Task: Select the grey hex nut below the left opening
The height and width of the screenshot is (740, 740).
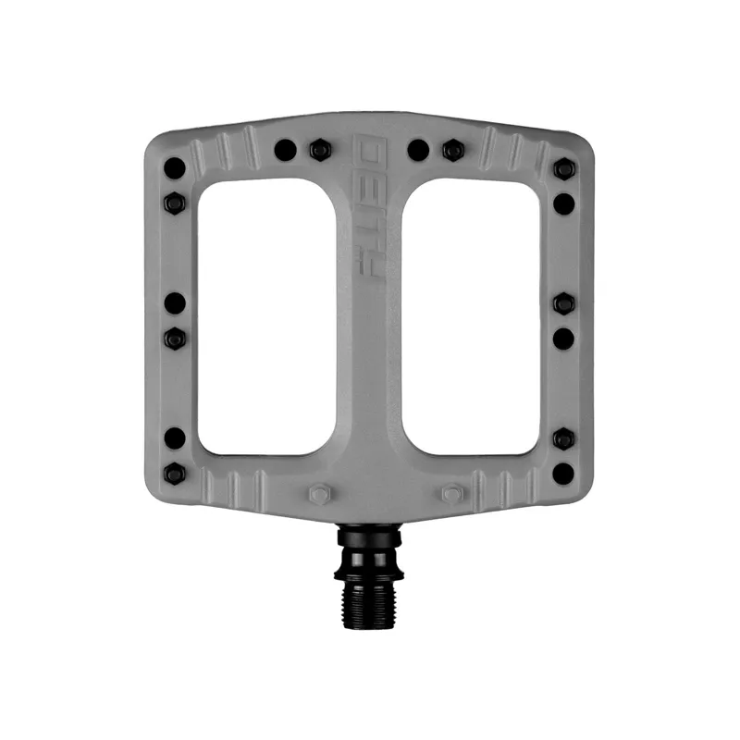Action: (318, 495)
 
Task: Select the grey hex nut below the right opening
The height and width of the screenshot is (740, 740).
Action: (451, 494)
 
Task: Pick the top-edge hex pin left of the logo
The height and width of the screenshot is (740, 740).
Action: (320, 150)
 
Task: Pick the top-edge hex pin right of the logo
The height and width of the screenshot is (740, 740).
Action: (452, 150)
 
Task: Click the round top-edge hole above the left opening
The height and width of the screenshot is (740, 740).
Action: (286, 150)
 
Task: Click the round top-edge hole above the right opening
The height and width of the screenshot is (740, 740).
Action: (418, 150)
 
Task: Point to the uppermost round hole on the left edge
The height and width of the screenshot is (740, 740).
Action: (175, 168)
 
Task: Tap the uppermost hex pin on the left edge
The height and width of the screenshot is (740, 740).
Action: (175, 203)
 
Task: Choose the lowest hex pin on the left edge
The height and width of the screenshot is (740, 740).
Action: (175, 474)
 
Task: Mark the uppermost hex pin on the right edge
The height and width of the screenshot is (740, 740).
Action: (563, 168)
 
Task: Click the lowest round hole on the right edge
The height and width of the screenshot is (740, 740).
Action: (563, 474)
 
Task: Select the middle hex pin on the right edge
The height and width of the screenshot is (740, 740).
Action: (563, 303)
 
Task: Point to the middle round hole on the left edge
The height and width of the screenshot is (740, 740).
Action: (175, 303)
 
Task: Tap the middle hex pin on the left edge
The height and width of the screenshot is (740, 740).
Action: (175, 339)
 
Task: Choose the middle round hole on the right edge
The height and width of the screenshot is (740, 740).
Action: (563, 339)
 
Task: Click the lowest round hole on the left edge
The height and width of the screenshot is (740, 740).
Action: (175, 438)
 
